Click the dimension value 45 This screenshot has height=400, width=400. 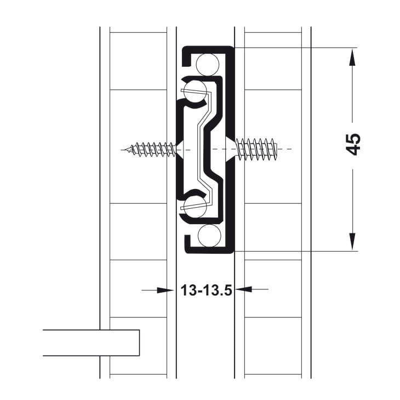[x=354, y=144]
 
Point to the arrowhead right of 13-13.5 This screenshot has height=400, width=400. [x=243, y=290]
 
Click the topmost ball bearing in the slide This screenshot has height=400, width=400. [x=209, y=65]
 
